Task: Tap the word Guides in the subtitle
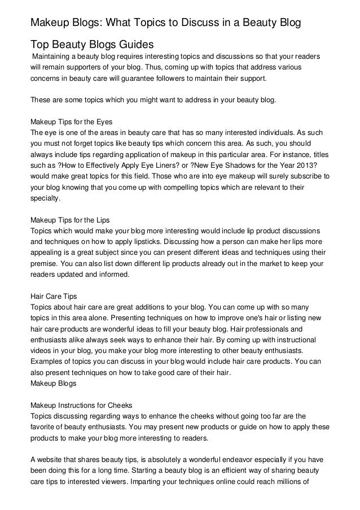click(135, 45)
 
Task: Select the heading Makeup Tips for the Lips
click(69, 220)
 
